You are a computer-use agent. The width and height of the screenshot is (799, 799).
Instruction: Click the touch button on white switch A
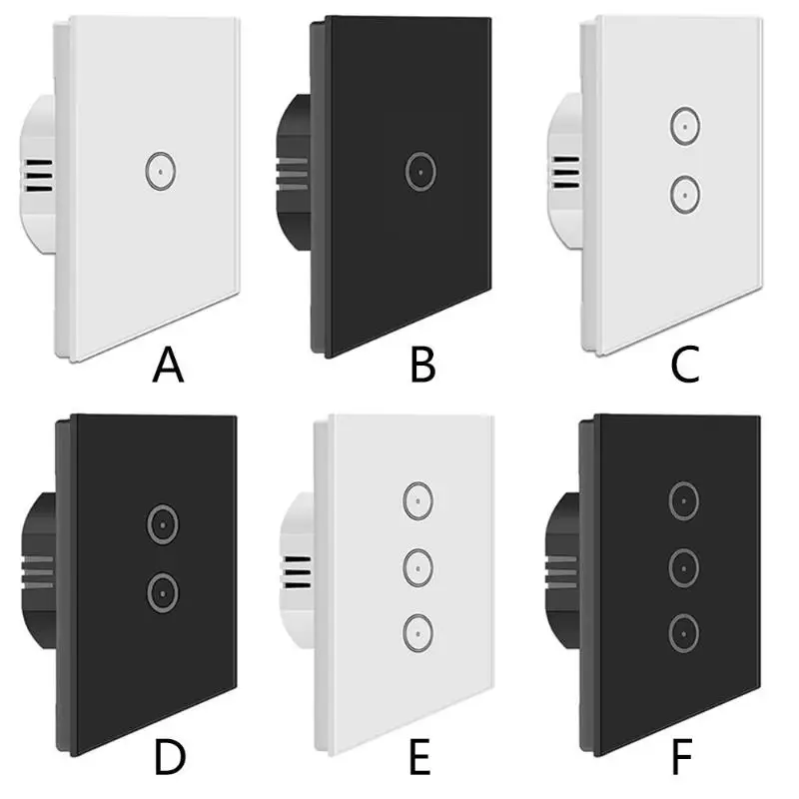[161, 171]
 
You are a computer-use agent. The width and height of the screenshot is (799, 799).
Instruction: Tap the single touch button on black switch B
[420, 171]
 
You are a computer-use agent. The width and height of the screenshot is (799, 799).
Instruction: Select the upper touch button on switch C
[685, 126]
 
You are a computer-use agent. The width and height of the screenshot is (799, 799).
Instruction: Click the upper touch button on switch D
[163, 524]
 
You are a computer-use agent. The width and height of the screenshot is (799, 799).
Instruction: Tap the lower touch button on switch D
[163, 593]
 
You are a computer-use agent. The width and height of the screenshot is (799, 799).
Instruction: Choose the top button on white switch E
[417, 501]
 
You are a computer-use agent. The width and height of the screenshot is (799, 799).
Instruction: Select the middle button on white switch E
[417, 567]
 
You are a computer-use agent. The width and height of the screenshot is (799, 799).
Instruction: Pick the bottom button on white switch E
[417, 634]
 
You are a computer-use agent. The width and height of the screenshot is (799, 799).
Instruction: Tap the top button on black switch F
[683, 501]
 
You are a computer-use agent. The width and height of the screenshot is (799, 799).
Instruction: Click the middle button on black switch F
[683, 567]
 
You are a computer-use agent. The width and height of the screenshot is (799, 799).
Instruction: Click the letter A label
[168, 365]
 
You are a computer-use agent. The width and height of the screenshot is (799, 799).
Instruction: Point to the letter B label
[422, 365]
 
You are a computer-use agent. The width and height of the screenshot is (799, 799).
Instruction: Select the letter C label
[685, 365]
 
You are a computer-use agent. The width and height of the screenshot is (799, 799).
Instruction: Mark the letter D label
[170, 758]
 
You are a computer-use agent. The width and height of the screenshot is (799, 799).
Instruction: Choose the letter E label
[419, 758]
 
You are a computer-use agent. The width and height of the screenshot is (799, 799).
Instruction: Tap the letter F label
[682, 758]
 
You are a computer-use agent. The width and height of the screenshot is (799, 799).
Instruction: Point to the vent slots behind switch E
[297, 572]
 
